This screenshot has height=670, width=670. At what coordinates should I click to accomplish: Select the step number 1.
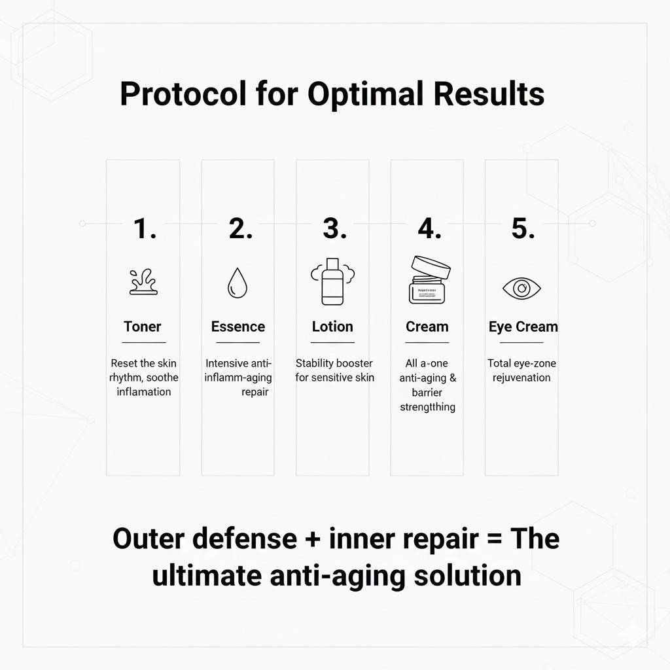point(144,229)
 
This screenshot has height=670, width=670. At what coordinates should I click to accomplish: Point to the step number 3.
point(334,229)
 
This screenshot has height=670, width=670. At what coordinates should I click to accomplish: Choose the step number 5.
point(522,229)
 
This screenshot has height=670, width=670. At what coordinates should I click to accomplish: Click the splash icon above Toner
point(143,283)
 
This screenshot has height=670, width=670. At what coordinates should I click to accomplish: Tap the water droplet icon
point(237,285)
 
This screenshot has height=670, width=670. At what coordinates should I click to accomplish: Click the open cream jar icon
point(428,280)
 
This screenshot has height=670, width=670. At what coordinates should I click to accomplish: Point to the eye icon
point(521,288)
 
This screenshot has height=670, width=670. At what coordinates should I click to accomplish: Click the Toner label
point(143,326)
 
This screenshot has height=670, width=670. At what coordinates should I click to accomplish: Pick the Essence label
point(238,326)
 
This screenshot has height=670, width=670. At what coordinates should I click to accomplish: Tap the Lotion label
point(332,326)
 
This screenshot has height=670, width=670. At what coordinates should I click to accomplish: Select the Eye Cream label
point(523,326)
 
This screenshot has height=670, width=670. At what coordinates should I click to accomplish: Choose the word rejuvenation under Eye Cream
point(521,378)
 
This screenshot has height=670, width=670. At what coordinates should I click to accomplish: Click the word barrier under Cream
point(427,392)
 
